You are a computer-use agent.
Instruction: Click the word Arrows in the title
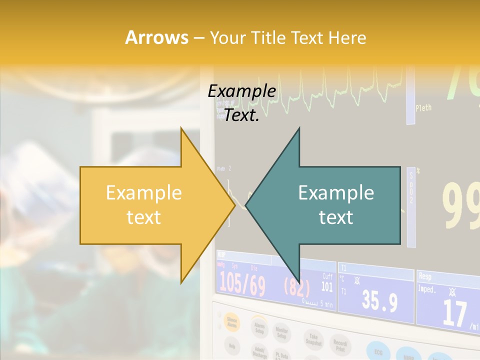(156, 37)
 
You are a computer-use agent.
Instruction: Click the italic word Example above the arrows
(241, 91)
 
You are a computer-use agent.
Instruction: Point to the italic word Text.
(241, 115)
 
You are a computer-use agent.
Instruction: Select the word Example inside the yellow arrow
(143, 193)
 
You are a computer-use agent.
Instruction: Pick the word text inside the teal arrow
(336, 217)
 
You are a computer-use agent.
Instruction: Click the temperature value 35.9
(379, 301)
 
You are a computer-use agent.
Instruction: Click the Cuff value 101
(327, 287)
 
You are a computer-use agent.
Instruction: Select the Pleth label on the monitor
(423, 107)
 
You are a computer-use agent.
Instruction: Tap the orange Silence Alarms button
(231, 323)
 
